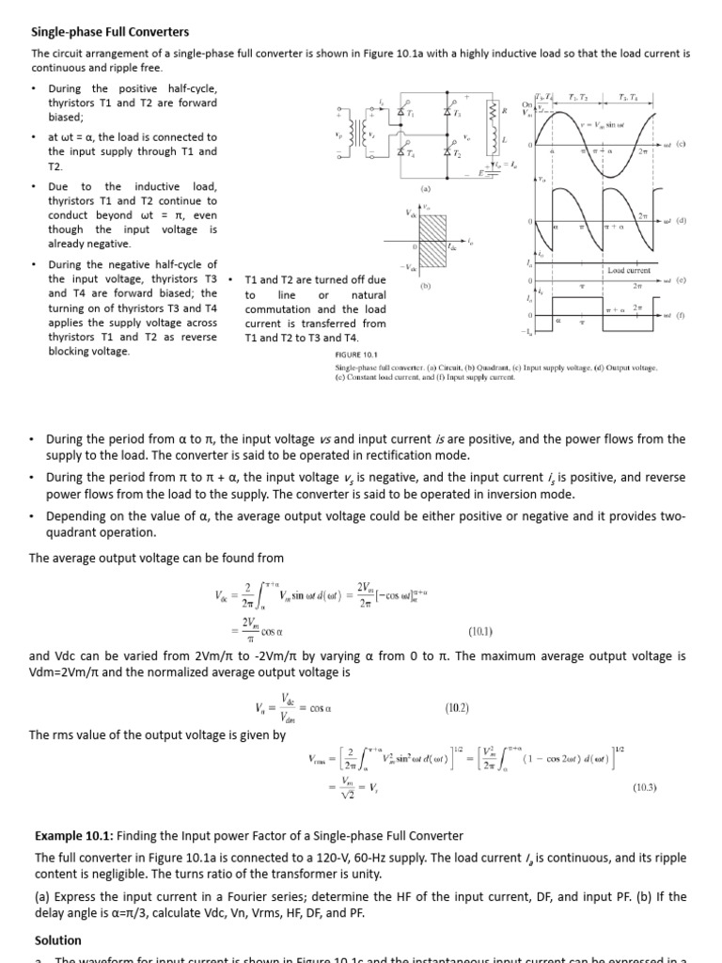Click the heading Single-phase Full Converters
(111, 32)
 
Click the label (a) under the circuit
(425, 187)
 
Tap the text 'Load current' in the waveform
(630, 271)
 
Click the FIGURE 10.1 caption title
(355, 355)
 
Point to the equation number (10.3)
(644, 787)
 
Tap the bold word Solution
(57, 939)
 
